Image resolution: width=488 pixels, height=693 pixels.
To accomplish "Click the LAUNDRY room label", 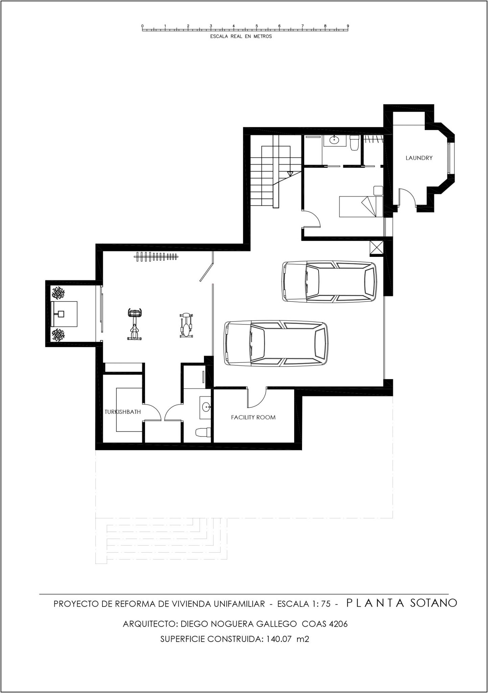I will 419,158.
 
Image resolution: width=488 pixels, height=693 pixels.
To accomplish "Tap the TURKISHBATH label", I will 122,412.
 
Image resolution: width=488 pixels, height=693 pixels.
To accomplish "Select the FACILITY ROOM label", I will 253,417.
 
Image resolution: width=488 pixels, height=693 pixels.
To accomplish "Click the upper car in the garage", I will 329,281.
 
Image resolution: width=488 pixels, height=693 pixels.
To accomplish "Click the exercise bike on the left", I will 134,324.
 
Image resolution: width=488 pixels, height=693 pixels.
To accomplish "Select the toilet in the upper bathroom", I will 354,142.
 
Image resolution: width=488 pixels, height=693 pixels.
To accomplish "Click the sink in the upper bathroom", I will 334,140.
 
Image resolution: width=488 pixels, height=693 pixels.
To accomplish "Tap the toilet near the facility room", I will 203,432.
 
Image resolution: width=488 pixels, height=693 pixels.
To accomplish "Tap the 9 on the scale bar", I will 348,26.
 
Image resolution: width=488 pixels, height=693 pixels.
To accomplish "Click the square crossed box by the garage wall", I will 376,247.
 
